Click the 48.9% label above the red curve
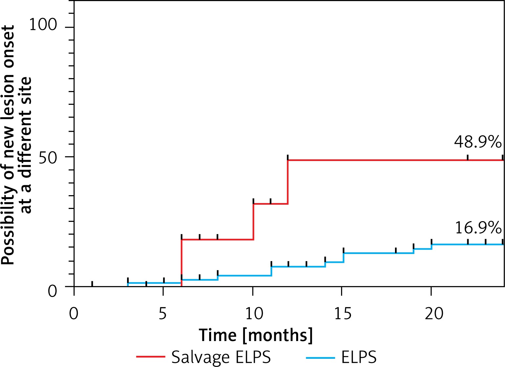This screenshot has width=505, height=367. pos(478,142)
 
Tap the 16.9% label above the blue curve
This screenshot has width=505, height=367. pos(478,228)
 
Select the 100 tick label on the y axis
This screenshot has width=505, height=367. pos(43,25)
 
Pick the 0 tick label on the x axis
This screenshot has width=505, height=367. pos(74,313)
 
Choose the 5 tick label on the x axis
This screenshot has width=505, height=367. pos(163,313)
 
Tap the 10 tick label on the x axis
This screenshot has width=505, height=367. pos(254,313)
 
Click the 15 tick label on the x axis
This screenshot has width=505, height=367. pos(343,313)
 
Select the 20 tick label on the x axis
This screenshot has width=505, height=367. pos(434,313)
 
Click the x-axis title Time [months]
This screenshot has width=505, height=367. pos(256,335)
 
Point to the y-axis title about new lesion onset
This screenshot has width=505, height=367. pos(16,145)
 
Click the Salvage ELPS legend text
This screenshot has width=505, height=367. pos(221,357)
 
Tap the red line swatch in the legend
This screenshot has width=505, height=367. pos(151,357)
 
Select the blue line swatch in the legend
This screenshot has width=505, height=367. pos(320,357)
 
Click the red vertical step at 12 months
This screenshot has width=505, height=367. pos(288,182)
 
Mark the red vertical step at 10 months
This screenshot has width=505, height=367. pos(253,222)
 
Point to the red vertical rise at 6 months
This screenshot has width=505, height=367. pos(182,263)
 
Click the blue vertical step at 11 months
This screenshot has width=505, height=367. pos(272,271)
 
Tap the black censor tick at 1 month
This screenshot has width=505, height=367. pos(92,284)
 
